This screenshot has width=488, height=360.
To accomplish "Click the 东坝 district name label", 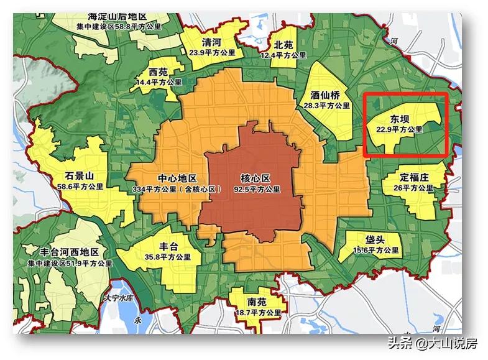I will (x=399, y=119).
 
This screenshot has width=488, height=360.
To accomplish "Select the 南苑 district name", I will (x=257, y=303).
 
